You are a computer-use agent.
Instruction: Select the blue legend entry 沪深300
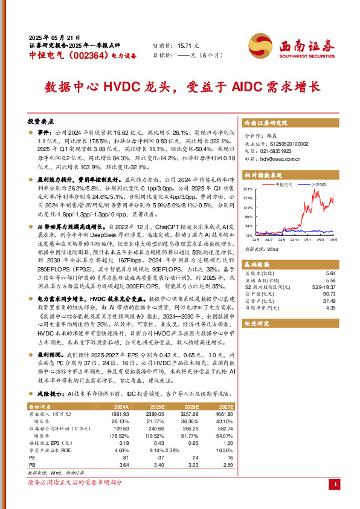click(x=318, y=184)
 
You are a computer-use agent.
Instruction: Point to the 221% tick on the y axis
click(x=248, y=189)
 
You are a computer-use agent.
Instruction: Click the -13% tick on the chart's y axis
click(x=248, y=235)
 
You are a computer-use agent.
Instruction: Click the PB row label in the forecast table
click(x=32, y=464)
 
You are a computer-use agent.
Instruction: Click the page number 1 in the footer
click(x=335, y=485)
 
